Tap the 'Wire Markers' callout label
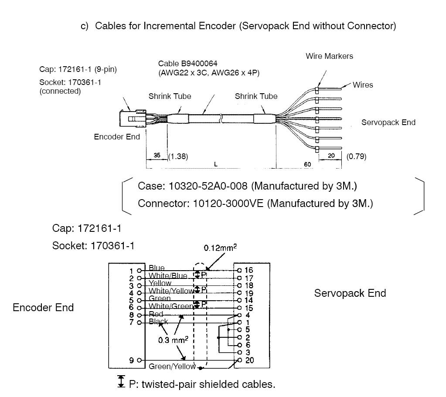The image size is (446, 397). (x=329, y=56)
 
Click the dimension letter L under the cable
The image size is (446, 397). (x=216, y=163)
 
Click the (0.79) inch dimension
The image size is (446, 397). (x=356, y=156)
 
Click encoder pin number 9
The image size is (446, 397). (x=132, y=360)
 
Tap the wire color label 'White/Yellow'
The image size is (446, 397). (x=170, y=291)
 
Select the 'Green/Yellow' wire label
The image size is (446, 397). (x=172, y=366)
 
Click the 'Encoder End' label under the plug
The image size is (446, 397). (x=117, y=137)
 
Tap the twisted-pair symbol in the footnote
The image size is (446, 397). (x=121, y=382)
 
